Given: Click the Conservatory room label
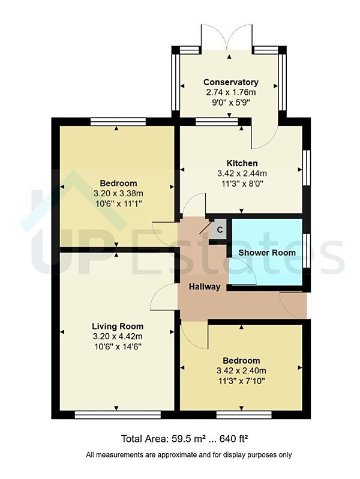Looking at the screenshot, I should point(230,82).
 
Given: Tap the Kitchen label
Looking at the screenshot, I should point(242,163).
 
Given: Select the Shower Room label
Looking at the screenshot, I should point(267,253).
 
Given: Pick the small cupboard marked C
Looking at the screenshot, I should point(220,229).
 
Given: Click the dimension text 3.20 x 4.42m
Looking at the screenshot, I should point(118,336).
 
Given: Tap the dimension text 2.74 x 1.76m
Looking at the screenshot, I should point(230,92).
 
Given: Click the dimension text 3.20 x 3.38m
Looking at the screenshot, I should point(118,193).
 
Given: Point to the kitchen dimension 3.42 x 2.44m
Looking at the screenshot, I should point(242,173).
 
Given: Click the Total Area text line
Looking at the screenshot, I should point(185,439).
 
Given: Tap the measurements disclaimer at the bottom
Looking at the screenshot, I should point(189,455).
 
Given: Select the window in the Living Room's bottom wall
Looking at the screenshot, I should point(118,414).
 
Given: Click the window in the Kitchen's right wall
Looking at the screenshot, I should point(307,170).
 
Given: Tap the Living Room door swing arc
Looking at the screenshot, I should point(161,295).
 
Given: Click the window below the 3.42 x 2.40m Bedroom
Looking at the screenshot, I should point(242,414).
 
